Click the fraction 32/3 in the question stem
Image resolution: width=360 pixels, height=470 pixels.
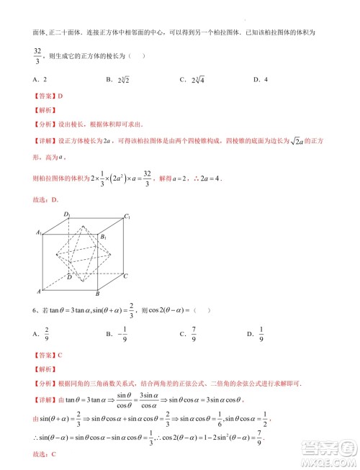point(37,56)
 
